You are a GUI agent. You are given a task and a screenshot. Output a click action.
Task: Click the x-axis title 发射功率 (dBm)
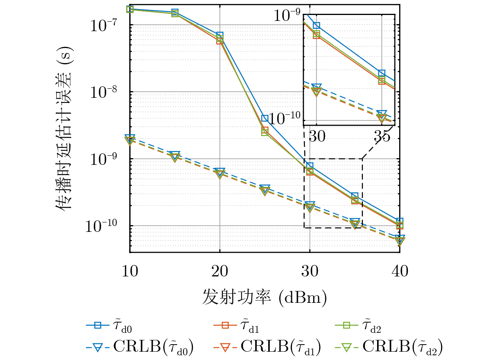[265, 297]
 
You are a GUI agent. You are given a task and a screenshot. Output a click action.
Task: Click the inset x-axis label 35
[382, 136]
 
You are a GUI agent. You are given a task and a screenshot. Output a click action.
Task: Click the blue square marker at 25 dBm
[265, 118]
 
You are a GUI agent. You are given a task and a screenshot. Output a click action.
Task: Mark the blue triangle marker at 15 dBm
[175, 155]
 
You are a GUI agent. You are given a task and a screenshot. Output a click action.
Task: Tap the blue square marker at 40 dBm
[400, 221]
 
